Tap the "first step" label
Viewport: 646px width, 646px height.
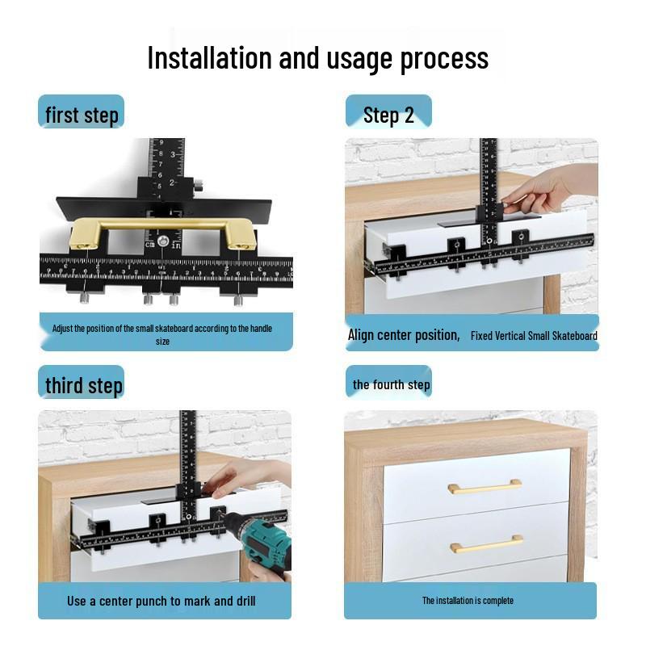pos(82,115)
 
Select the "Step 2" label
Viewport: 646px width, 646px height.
pos(388,115)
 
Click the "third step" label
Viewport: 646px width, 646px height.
pos(83,385)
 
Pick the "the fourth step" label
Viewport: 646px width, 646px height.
pos(391,384)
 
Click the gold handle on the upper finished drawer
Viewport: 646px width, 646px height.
pos(484,486)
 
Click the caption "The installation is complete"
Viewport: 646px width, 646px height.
pos(468,601)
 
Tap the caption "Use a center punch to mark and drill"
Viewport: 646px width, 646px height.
pos(161,601)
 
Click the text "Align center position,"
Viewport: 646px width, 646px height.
pos(403,334)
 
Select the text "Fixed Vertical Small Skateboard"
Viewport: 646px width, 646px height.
pos(534,335)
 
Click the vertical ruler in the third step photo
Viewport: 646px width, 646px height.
pos(188,452)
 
